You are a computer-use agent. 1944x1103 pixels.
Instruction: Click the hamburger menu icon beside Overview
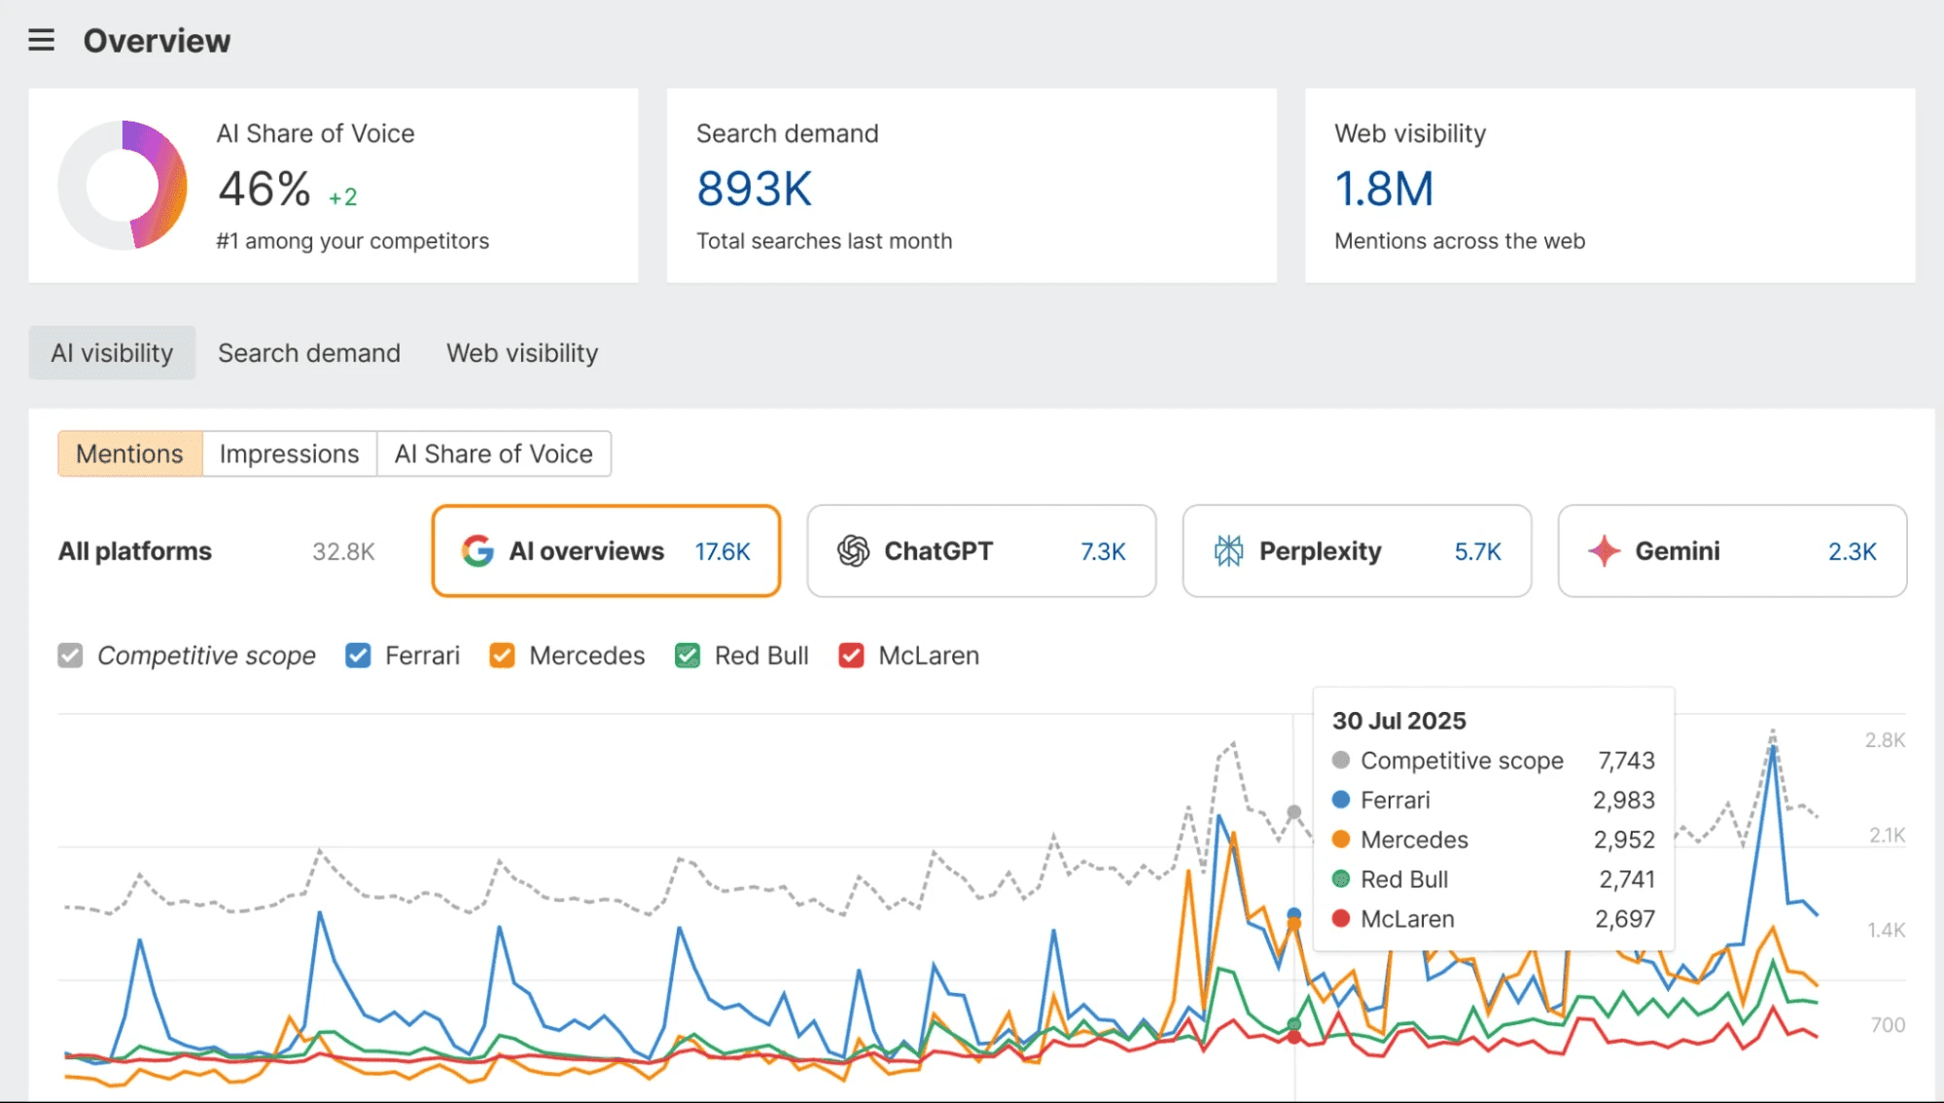(41, 40)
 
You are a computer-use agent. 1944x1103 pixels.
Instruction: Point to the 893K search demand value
(754, 189)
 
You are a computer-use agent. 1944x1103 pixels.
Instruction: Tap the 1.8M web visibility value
(1383, 189)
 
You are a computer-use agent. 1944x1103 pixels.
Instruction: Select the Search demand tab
(308, 353)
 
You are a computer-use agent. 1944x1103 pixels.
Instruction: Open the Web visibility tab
(521, 353)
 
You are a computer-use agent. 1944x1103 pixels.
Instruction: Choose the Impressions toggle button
(289, 454)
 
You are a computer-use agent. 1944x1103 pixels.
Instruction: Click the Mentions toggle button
(129, 454)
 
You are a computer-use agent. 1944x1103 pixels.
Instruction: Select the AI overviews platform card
(605, 551)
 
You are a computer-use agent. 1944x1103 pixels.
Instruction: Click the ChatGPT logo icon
(853, 551)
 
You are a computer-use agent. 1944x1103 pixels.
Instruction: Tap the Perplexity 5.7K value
(1476, 551)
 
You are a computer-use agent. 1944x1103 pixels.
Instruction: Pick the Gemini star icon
(1604, 551)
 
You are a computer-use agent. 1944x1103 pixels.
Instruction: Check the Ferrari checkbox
(358, 656)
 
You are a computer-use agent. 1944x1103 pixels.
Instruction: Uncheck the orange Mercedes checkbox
(502, 656)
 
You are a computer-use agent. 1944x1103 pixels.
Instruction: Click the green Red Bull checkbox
(688, 656)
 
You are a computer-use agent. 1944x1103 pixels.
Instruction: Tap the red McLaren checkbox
(851, 656)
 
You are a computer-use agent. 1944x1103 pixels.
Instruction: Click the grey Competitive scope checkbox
(70, 656)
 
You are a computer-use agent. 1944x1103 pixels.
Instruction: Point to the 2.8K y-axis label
(1884, 740)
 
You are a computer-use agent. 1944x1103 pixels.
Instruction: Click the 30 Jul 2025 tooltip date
(1397, 721)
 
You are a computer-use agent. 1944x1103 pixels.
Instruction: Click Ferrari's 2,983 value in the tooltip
(1622, 800)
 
